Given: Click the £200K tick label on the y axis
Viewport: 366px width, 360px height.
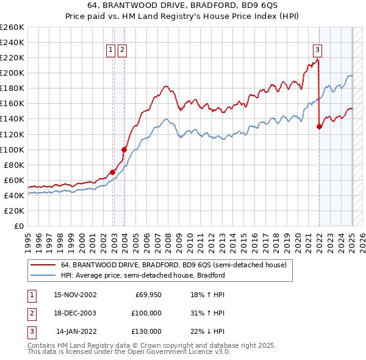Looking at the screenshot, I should click(x=12, y=73).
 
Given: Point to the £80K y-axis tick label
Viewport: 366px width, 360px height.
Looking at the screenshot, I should click(x=14, y=165).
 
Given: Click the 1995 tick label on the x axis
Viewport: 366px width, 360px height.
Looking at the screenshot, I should click(x=28, y=237).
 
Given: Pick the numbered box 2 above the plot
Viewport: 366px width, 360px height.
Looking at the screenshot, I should click(x=122, y=50).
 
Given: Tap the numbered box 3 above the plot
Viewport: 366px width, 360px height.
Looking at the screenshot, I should click(x=318, y=50).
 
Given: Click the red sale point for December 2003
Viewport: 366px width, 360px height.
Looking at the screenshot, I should click(x=124, y=149).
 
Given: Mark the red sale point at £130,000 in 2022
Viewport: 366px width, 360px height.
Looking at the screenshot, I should click(x=319, y=126).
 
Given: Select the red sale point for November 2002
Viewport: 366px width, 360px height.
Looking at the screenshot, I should click(x=113, y=172).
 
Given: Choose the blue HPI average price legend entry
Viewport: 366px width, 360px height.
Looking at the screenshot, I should click(x=143, y=275).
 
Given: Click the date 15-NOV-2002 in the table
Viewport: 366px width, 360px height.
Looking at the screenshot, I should click(x=75, y=294).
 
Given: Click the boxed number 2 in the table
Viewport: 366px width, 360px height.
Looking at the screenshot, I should click(x=31, y=313).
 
